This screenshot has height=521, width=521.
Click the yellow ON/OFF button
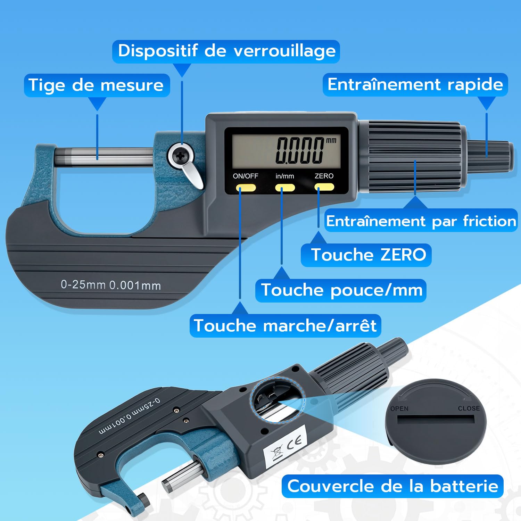tap(246, 188)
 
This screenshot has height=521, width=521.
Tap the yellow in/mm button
tap(285, 188)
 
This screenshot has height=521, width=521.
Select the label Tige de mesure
tap(96, 85)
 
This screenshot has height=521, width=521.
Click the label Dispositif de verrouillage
tap(226, 51)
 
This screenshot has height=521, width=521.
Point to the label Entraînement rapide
tap(415, 85)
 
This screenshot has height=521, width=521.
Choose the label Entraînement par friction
tap(421, 221)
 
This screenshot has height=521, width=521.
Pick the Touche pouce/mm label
tap(341, 290)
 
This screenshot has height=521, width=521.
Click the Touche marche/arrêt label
tap(285, 326)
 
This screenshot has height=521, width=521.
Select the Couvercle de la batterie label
tap(392, 486)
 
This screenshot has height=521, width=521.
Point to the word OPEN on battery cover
tap(399, 409)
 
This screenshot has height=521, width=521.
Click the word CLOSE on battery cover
tap(469, 408)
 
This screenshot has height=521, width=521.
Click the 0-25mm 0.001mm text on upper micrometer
tap(111, 285)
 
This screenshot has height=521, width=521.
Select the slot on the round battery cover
tap(436, 419)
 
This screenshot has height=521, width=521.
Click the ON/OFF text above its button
tap(246, 176)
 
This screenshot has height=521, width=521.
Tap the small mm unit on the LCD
tap(331, 140)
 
